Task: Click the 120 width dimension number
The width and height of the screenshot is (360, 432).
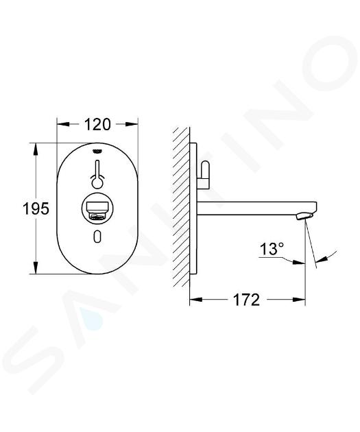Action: [x=97, y=124]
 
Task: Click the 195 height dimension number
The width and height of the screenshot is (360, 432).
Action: [x=36, y=208]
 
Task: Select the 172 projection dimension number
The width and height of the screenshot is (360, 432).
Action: [x=246, y=300]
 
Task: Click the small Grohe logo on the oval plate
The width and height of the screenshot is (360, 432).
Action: [x=97, y=151]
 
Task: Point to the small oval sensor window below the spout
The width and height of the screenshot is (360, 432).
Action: [x=97, y=236]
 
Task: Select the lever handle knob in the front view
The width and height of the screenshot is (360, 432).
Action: [x=97, y=182]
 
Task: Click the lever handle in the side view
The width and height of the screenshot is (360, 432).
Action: [x=204, y=176]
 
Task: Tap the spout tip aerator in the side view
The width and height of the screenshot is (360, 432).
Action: [x=305, y=216]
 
